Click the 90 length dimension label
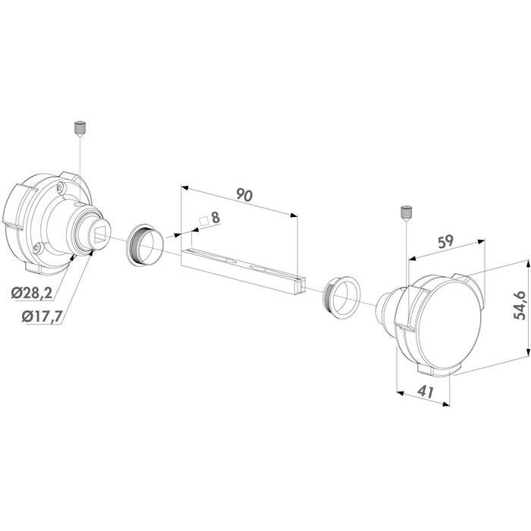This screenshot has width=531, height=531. [244, 195]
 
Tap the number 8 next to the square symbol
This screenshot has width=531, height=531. [215, 218]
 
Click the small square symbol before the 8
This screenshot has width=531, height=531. [203, 222]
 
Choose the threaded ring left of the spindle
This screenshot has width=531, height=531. [143, 245]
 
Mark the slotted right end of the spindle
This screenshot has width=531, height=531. [301, 284]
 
